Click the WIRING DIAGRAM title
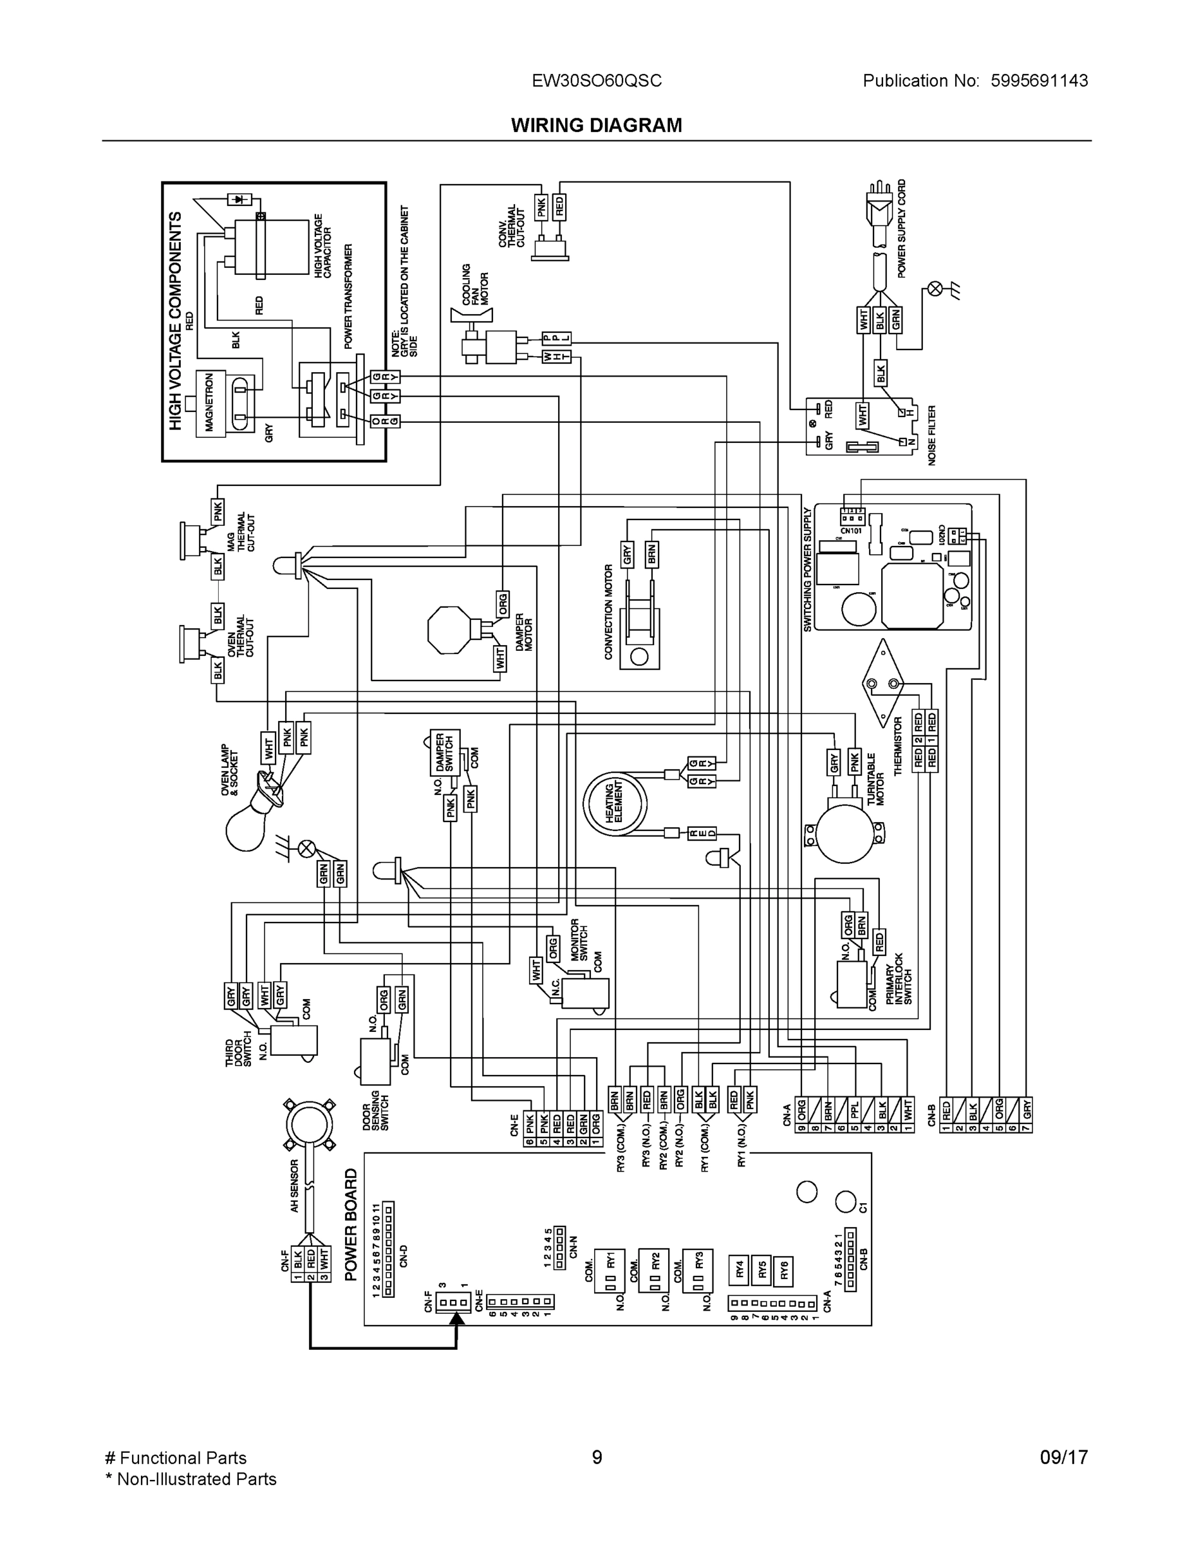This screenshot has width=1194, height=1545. (x=596, y=126)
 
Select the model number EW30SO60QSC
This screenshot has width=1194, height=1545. (x=596, y=80)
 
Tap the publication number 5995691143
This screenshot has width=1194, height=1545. (x=1038, y=80)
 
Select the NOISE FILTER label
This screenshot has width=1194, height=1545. (x=931, y=435)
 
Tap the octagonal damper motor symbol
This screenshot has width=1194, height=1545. (x=449, y=629)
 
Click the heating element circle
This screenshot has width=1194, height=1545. (x=615, y=803)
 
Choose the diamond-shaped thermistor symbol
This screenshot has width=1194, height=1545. (x=882, y=682)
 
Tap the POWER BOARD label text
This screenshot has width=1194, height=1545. (x=351, y=1224)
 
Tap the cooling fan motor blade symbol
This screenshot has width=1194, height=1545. (x=471, y=315)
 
